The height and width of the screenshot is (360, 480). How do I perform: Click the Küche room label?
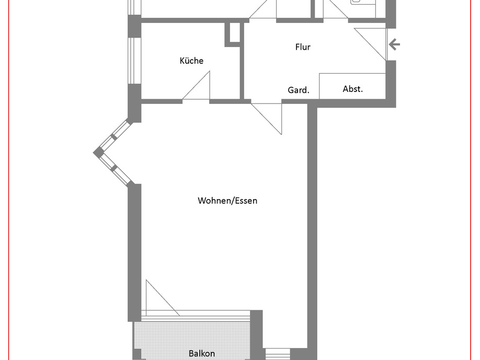(x=191, y=61)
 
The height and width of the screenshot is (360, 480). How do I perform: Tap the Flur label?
(x=303, y=47)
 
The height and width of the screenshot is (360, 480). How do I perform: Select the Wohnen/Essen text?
(x=227, y=201)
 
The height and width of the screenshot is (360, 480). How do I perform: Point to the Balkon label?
(x=202, y=354)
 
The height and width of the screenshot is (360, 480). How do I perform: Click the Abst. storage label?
(x=352, y=89)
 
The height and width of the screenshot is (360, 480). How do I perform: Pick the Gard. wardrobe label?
(x=299, y=90)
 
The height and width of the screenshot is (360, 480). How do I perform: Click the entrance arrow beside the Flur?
(x=394, y=44)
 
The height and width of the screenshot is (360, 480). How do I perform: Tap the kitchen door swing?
(x=196, y=85)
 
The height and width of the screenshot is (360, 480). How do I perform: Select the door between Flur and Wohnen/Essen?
(x=266, y=119)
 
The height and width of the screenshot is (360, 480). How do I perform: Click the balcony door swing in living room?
(x=163, y=298)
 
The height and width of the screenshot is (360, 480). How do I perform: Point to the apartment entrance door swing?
(x=370, y=44)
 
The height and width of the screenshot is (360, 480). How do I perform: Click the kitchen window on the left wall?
(x=134, y=61)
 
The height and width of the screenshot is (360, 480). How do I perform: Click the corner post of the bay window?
(x=98, y=153)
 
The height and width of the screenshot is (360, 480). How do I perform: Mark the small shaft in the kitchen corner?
(x=234, y=34)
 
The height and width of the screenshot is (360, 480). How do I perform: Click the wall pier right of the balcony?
(x=257, y=335)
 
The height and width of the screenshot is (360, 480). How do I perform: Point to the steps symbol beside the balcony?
(x=277, y=354)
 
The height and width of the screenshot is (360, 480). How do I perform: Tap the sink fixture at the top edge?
(x=364, y=3)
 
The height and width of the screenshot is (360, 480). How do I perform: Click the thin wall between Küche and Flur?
(x=242, y=61)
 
